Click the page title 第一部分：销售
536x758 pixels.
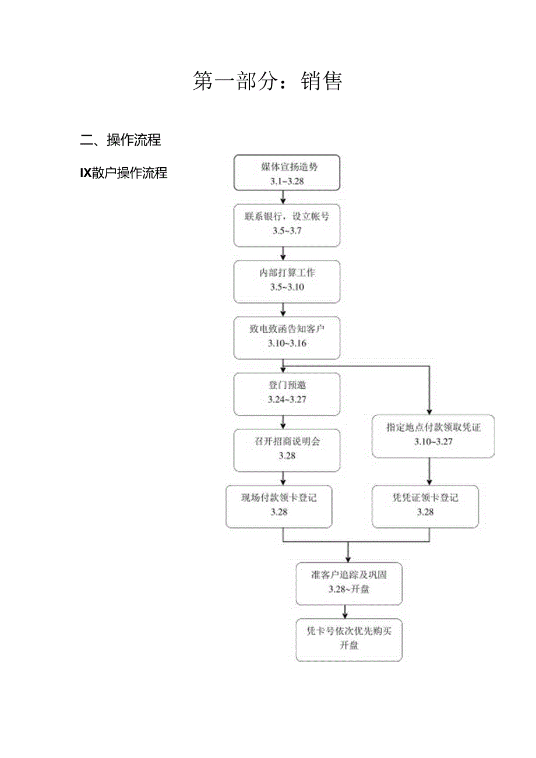267,81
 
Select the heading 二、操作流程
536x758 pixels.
121,140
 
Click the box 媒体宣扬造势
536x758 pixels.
287,167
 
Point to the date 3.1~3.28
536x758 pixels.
287,181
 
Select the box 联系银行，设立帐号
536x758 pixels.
287,217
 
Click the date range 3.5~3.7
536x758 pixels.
287,231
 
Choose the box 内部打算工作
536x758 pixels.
287,273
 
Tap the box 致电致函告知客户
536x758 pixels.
287,329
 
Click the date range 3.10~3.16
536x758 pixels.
287,343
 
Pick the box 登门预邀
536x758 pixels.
287,386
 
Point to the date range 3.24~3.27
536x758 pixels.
287,400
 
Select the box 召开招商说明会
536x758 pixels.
287,442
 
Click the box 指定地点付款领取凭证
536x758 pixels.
433,428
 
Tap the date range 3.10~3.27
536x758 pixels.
433,442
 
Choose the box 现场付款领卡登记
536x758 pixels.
279,498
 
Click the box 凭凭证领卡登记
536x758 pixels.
425,498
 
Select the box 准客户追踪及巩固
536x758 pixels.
348,575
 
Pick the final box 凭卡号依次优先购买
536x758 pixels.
348,632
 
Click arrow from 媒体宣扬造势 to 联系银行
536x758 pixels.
284,198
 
